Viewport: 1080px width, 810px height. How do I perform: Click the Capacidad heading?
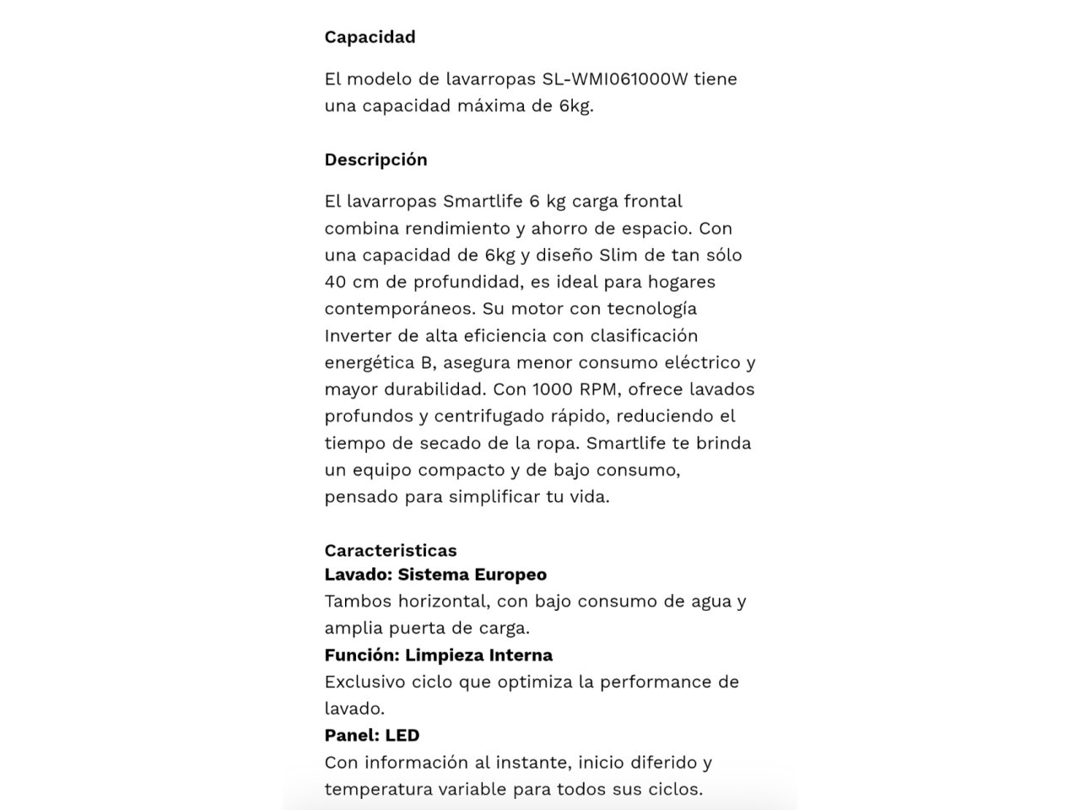(x=370, y=37)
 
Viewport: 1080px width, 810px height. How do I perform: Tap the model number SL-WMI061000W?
(x=615, y=79)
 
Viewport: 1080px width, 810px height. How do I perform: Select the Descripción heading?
(x=375, y=159)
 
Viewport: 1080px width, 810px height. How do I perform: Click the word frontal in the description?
(x=652, y=202)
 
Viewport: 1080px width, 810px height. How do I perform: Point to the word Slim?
(x=619, y=255)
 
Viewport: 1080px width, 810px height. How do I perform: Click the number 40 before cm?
(x=335, y=282)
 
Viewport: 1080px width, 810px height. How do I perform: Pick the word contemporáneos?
(x=400, y=309)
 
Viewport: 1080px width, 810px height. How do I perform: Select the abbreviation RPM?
(x=597, y=390)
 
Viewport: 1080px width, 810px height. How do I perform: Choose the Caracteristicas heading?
(x=390, y=550)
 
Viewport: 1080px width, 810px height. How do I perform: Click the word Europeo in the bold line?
(x=510, y=575)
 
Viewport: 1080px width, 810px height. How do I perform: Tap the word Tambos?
(x=358, y=602)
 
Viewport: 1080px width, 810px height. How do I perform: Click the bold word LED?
(x=402, y=736)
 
